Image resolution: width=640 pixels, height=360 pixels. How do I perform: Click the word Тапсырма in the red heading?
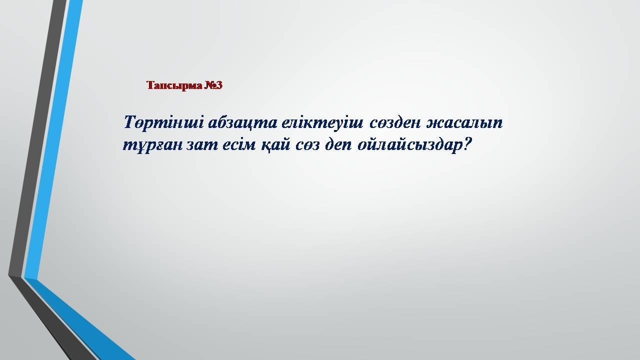pos(174,85)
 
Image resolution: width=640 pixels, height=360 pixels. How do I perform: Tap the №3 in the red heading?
pos(213,85)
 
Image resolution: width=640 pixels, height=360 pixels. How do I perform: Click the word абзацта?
pos(242,123)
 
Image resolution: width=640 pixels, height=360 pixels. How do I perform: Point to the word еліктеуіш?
pos(322,123)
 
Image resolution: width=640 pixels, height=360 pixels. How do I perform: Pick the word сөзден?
pos(395,123)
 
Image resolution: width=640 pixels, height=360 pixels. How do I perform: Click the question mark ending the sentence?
pos(466,144)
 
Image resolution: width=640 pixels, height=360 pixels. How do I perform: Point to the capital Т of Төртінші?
pos(131,122)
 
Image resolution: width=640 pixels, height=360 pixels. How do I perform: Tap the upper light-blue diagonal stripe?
pos(53,139)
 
